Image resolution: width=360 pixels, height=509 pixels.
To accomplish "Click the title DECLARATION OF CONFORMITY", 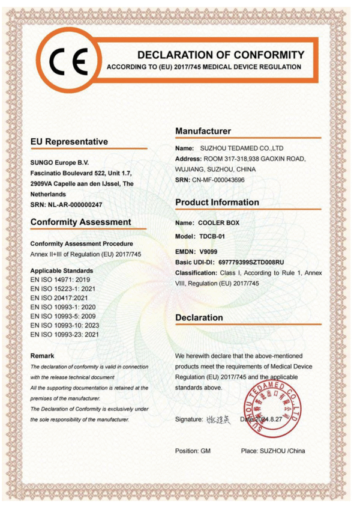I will pyautogui.click(x=221, y=54).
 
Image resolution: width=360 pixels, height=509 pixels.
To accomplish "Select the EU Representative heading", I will pyautogui.click(x=70, y=142).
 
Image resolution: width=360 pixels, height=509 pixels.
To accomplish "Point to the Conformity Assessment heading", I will pyautogui.click(x=80, y=222).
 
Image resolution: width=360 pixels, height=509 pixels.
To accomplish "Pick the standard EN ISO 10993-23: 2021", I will pyautogui.click(x=65, y=334).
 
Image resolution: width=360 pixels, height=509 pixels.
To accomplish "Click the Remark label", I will pyautogui.click(x=42, y=356).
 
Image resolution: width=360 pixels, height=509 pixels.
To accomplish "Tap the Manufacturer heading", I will pyautogui.click(x=203, y=131).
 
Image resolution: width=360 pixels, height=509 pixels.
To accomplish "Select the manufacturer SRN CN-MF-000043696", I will pyautogui.click(x=218, y=180).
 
